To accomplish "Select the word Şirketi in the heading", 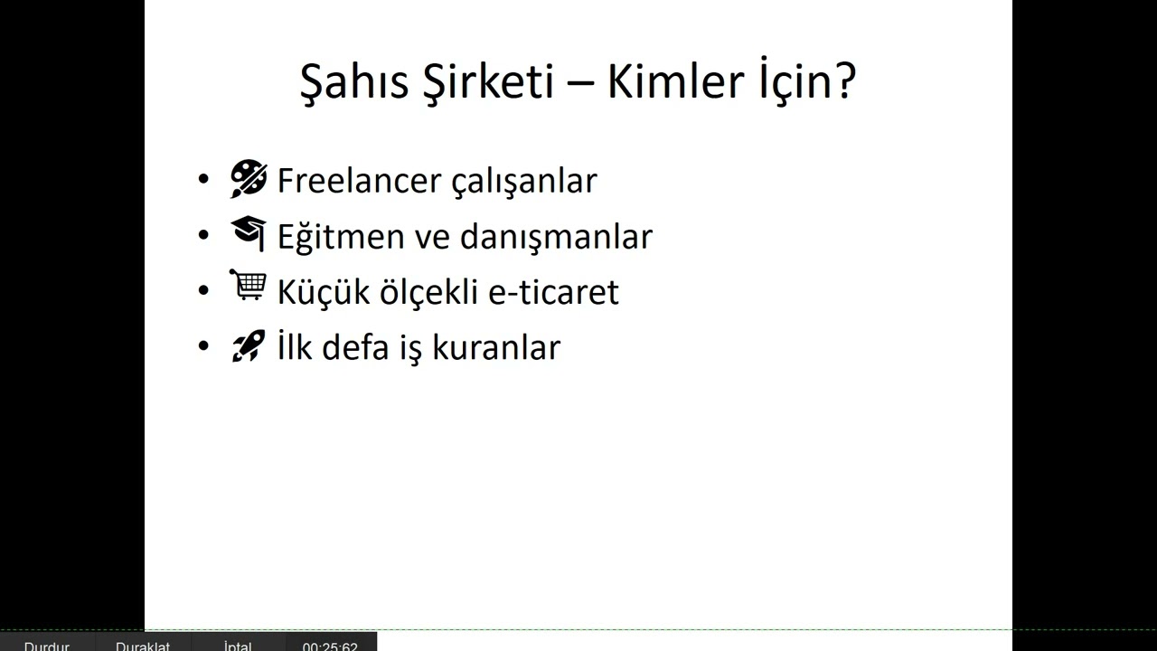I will click(487, 82).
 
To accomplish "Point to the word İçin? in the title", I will click(804, 82).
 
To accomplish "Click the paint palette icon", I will click(249, 179).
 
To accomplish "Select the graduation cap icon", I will click(249, 233).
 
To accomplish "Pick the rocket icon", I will click(249, 346).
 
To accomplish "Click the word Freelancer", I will click(358, 181).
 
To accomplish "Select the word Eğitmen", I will click(340, 237).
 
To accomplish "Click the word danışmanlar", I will click(556, 237).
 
